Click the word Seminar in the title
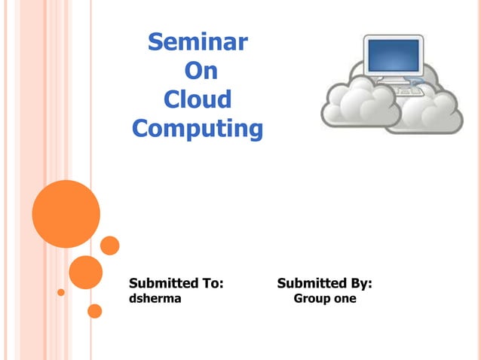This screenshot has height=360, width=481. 197,42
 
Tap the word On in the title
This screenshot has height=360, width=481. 200,71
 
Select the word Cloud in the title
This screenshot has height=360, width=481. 197,99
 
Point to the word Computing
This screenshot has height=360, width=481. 198,129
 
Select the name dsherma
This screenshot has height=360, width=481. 155,299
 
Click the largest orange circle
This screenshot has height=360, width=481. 66,214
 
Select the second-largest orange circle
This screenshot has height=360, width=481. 85,272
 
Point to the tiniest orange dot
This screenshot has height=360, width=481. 61,292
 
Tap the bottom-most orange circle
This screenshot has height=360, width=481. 94,310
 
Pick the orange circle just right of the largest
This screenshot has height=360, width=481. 110,246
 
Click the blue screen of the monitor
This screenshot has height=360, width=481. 392,55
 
